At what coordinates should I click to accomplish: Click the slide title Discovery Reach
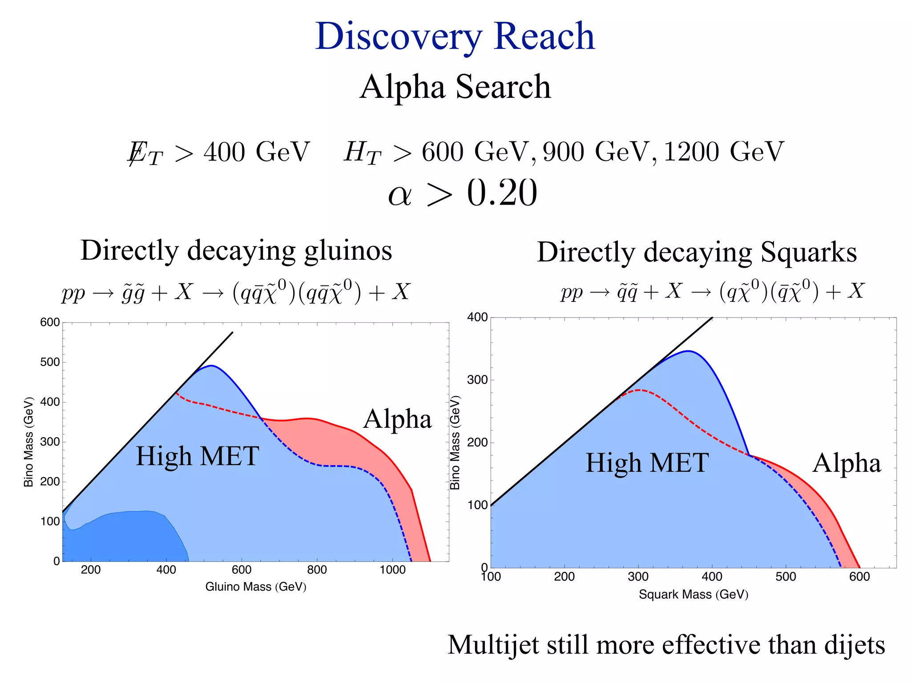pos(455,36)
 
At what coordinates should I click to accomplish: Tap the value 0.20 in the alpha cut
pos(502,193)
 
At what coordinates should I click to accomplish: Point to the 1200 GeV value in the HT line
pos(723,152)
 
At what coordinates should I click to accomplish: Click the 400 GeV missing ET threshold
pos(256,152)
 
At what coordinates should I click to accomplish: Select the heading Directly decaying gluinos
pos(236,250)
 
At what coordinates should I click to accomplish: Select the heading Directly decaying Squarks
pos(697,252)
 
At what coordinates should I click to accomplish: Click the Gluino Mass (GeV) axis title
pos(256,587)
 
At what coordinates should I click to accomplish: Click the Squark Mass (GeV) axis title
pos(693,595)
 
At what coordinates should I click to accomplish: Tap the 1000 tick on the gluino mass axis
pos(392,570)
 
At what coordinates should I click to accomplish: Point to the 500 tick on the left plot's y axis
pos(50,362)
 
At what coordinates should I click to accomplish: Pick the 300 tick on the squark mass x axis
pos(638,577)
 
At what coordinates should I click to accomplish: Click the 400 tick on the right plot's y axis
pos(477,317)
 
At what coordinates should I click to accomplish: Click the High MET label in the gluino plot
pos(197,456)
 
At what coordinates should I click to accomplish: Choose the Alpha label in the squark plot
pos(847,463)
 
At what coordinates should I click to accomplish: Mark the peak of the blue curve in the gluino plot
pos(212,366)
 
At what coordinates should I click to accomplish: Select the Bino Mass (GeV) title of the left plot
pos(28,442)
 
